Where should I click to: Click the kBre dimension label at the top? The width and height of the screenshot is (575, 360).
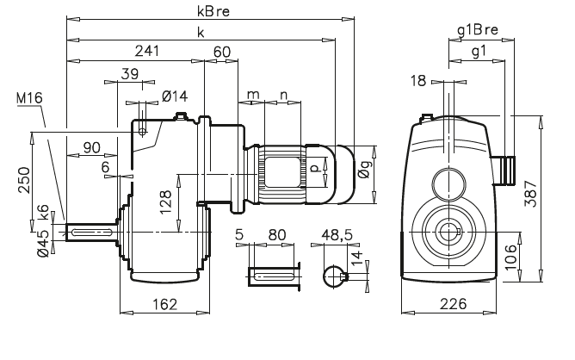click(x=205, y=13)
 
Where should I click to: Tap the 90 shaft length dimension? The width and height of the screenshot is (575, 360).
click(x=90, y=148)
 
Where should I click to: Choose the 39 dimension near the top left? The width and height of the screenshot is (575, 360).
click(x=130, y=75)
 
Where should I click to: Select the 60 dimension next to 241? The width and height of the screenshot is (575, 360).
click(x=222, y=52)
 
